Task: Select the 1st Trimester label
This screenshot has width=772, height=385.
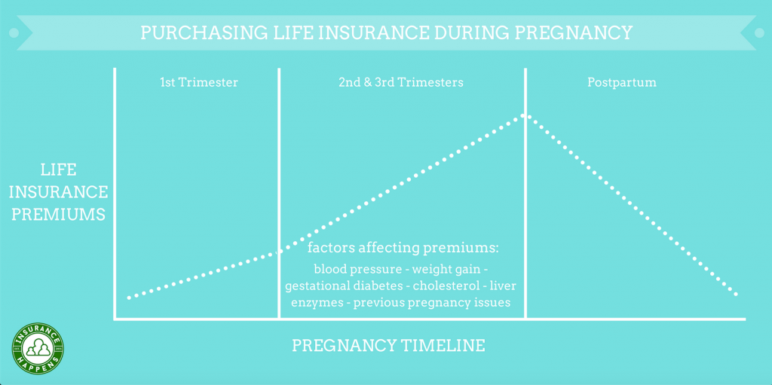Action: (199, 82)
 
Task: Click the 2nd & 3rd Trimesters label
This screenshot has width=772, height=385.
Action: (401, 82)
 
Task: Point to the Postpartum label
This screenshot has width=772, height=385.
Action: (622, 83)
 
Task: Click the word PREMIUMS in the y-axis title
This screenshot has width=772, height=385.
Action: (59, 215)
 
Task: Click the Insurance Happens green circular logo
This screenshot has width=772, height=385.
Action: (38, 349)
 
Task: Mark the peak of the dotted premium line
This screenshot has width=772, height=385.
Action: (525, 115)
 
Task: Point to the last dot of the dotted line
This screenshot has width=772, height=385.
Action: (737, 295)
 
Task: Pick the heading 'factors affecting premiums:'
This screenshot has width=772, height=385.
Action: (403, 248)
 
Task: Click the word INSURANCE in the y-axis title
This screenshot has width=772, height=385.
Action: (59, 192)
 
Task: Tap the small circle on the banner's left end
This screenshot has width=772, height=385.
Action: (14, 33)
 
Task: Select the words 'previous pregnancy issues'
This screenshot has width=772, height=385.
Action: (432, 302)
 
